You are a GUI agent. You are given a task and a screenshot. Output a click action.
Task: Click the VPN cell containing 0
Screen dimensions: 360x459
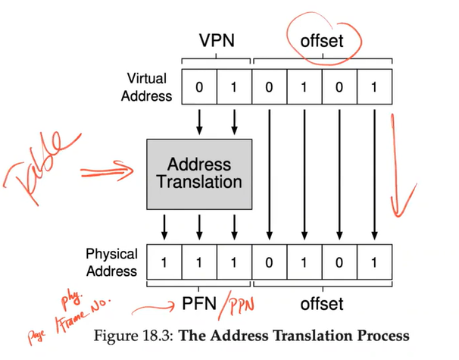pyautogui.click(x=198, y=86)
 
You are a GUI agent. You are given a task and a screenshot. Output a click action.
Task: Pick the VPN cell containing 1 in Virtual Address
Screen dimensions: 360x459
pyautogui.click(x=234, y=86)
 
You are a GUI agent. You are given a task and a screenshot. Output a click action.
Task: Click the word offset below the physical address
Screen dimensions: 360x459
pyautogui.click(x=323, y=305)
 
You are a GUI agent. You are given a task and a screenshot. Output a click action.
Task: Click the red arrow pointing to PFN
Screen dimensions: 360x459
pyautogui.click(x=155, y=308)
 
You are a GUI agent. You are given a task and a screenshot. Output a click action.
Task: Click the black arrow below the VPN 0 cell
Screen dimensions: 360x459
pyautogui.click(x=198, y=119)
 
